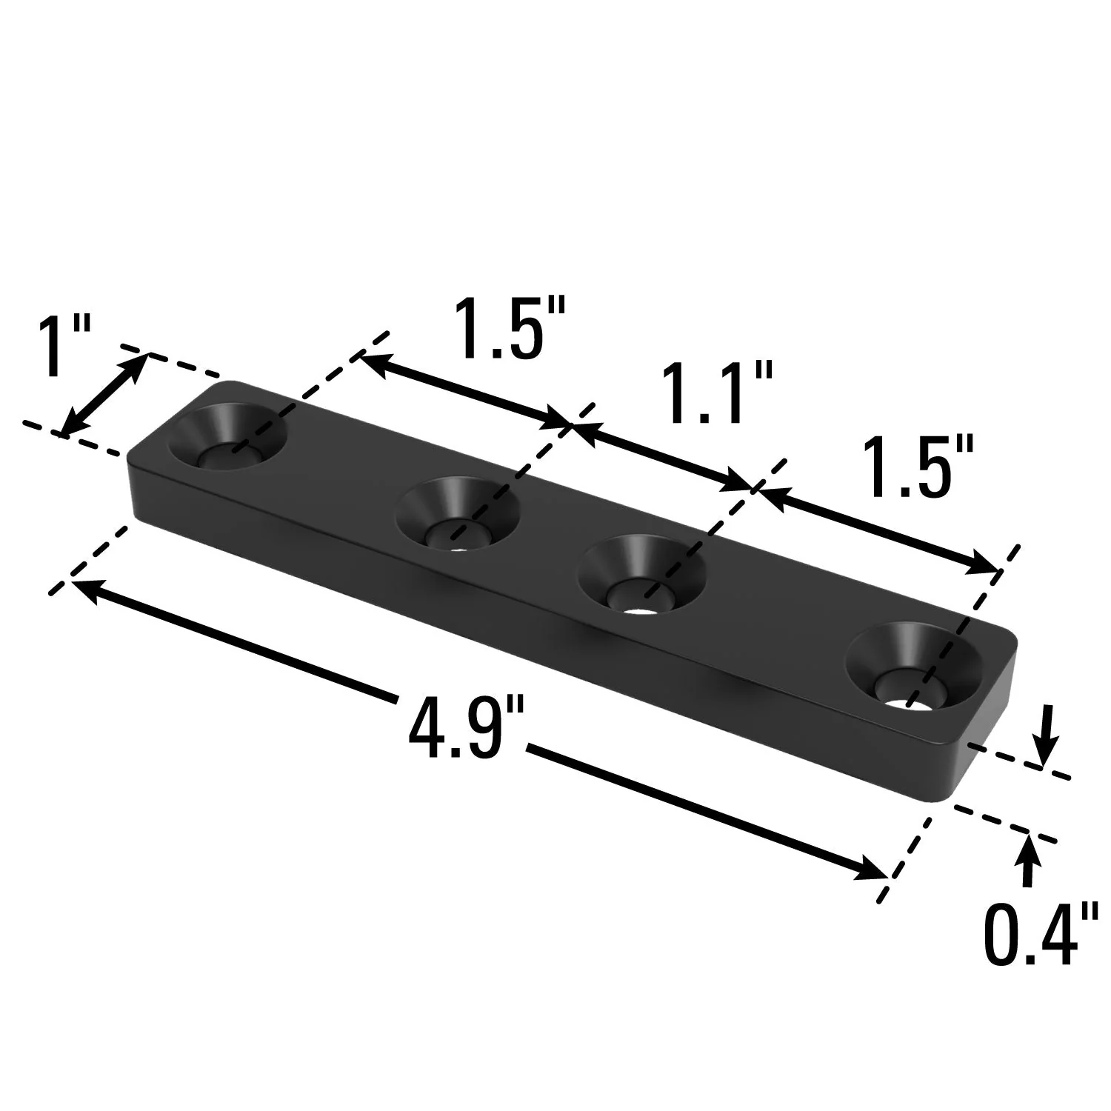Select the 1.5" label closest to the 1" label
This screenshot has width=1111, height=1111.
(x=510, y=327)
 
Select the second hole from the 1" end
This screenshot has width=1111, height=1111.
(x=456, y=515)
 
